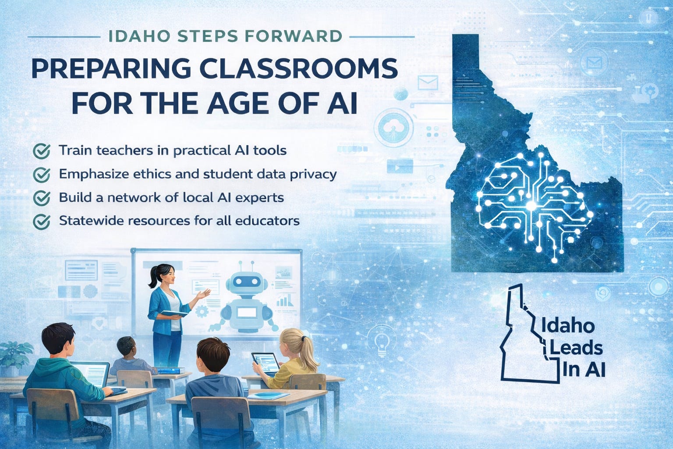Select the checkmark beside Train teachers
coord(42,150)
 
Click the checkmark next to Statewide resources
coord(42,221)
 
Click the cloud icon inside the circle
coord(393,126)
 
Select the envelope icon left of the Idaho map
coord(428,83)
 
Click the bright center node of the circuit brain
coord(531,206)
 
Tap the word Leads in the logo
coord(576,348)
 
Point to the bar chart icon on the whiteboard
coord(284,300)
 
